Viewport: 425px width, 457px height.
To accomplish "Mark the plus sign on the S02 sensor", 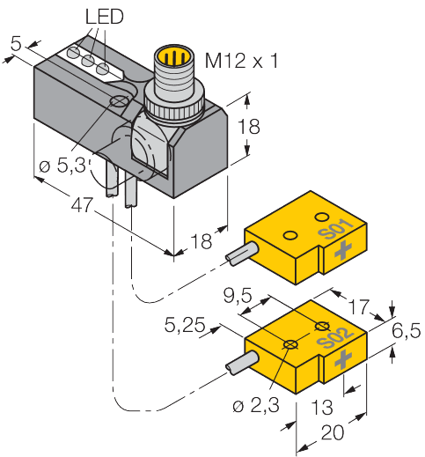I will [344, 357].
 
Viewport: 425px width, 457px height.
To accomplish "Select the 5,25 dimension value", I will [185, 327].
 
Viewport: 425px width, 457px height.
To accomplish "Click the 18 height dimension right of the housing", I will [252, 127].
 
